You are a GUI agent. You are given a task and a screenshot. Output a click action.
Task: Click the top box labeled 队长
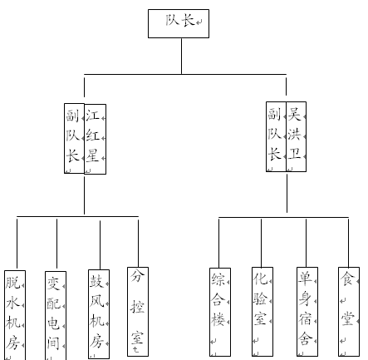[x=179, y=23]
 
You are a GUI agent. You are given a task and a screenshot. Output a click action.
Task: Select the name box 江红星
[x=96, y=139]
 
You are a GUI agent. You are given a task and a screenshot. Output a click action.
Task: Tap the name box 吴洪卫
[x=297, y=136]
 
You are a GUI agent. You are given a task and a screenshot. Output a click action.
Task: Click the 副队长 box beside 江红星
[x=74, y=139]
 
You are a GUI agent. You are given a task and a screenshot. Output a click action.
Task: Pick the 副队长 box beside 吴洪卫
[x=276, y=136]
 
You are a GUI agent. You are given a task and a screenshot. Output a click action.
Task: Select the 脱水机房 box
[x=15, y=315]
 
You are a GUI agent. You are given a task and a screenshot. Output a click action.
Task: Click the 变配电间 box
[x=56, y=315]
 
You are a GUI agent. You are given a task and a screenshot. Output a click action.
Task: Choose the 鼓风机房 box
[x=99, y=314]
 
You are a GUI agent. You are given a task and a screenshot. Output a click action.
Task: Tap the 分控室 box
[x=138, y=312]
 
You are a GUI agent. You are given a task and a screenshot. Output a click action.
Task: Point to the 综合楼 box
[x=220, y=312]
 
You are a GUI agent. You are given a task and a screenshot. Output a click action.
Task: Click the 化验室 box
[x=263, y=312]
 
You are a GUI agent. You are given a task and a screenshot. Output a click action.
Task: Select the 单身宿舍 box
[x=307, y=312]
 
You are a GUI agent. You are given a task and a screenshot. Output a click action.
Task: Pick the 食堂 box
[x=349, y=312]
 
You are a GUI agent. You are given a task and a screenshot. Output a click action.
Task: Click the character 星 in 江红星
[x=92, y=155]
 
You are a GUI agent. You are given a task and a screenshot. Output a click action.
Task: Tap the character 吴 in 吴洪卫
[x=294, y=114]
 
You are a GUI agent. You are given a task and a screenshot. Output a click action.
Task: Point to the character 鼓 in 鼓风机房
[x=96, y=281]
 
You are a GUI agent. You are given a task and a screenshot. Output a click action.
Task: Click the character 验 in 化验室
[x=260, y=298]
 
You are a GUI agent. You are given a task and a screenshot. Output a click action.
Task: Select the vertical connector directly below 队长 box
[x=182, y=56]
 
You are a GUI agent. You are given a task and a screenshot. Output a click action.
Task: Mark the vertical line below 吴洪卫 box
[x=287, y=192]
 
